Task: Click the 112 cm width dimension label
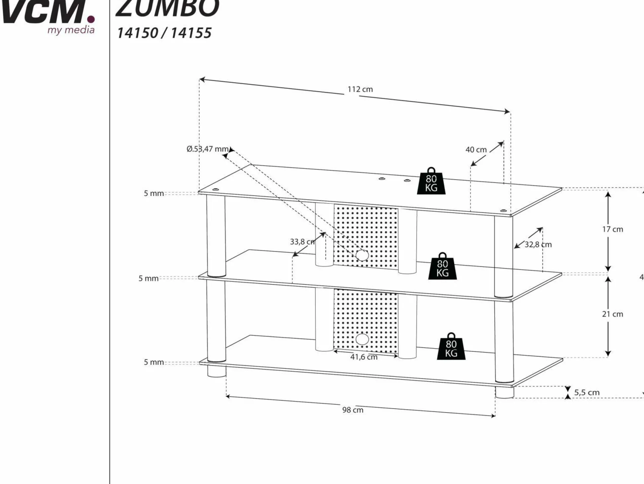tap(360, 89)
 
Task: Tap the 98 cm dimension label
tap(353, 410)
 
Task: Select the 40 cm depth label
tap(476, 150)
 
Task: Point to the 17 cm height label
tap(612, 229)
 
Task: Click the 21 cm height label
tap(612, 314)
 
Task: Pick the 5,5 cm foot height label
tap(587, 392)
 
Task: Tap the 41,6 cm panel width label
tap(364, 357)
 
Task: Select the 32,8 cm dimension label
tap(538, 245)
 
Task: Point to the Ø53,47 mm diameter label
tap(207, 149)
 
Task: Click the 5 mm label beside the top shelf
tap(154, 193)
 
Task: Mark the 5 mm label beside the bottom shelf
tap(154, 362)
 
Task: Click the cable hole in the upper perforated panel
tap(362, 255)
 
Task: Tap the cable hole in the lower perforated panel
tap(362, 339)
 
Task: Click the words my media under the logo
tap(71, 30)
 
